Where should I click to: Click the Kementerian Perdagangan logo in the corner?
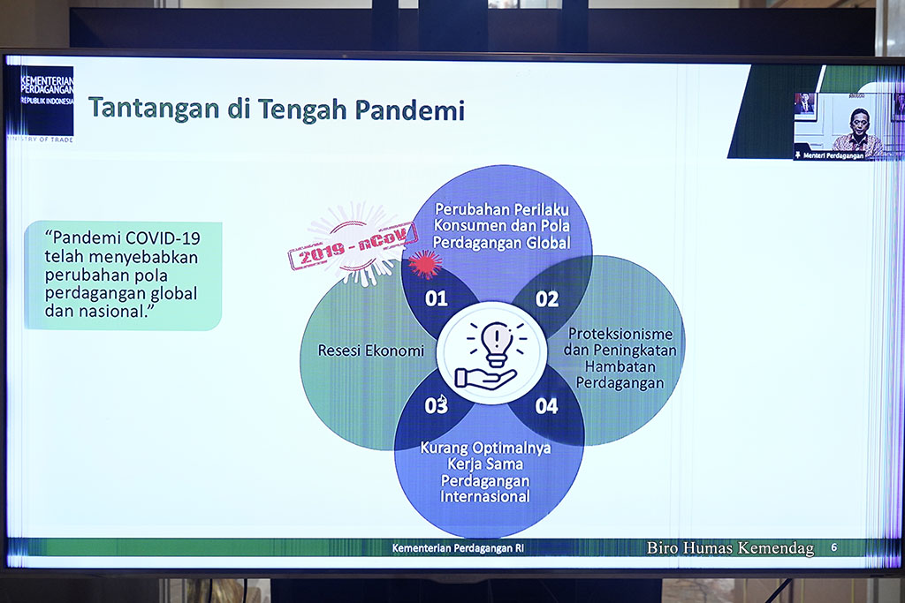(x=42, y=104)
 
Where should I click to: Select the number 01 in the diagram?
(x=437, y=298)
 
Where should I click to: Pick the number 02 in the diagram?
(x=546, y=299)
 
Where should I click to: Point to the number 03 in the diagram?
(x=436, y=406)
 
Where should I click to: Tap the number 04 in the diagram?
(x=546, y=406)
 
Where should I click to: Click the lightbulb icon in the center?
(x=497, y=343)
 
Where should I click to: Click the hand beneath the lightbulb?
(x=485, y=380)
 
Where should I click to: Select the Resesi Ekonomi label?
(x=371, y=350)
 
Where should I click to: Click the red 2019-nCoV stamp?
(x=353, y=246)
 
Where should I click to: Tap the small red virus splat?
(x=425, y=263)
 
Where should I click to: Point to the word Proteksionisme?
(x=620, y=335)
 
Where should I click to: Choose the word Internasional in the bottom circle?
(x=485, y=496)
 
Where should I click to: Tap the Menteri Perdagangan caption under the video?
(x=833, y=155)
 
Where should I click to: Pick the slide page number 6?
(x=833, y=547)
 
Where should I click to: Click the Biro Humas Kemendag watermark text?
(x=730, y=547)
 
